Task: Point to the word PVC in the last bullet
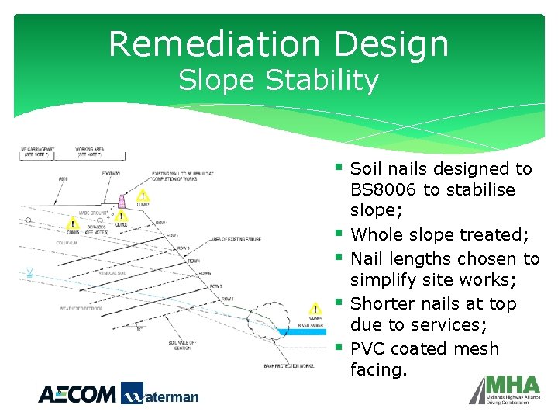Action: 368,348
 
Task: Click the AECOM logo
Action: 77,394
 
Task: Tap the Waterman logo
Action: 160,394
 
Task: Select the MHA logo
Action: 506,390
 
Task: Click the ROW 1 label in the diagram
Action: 161,222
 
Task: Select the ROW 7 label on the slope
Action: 228,298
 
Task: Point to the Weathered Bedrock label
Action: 81,309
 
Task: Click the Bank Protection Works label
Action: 288,365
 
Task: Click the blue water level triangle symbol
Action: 29,272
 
